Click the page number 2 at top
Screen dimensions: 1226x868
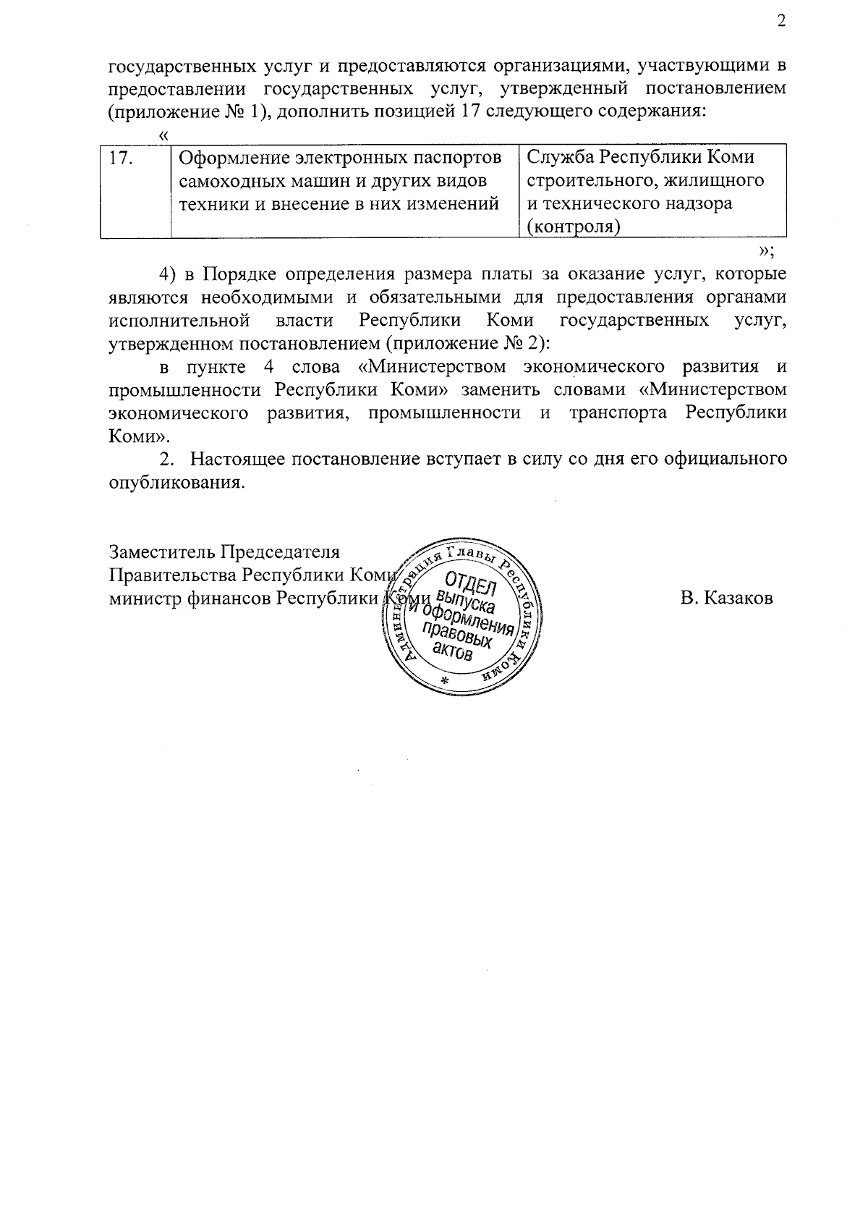(780, 21)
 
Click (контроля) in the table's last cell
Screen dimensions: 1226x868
(573, 227)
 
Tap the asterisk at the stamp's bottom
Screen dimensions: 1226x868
(445, 682)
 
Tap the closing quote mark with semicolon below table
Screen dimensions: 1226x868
(767, 250)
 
